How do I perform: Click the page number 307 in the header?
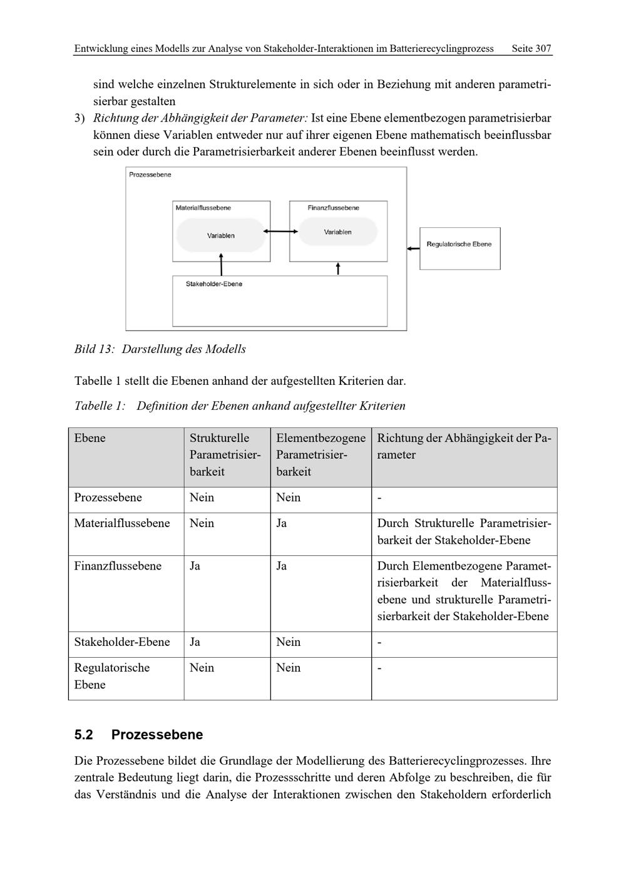coord(543,48)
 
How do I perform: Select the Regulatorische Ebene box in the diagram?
coord(459,248)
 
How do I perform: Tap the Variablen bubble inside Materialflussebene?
coord(221,235)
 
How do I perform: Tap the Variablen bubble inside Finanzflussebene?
coord(338,232)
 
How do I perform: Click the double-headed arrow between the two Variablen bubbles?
coord(280,232)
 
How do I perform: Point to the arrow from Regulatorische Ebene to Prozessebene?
coord(413,248)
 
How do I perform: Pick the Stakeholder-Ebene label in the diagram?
coord(214,284)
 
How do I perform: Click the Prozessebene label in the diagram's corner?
coord(150,175)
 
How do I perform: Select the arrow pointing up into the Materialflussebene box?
coord(221,264)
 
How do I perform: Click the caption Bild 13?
coord(94,349)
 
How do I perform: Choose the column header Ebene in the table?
coord(90,438)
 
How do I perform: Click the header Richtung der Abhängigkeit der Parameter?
coord(463,446)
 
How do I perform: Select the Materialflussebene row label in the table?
coord(122,523)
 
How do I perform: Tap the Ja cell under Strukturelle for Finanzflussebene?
coord(195,566)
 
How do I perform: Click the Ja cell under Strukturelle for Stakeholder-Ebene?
coord(195,642)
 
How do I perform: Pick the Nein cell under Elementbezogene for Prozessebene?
coord(289,498)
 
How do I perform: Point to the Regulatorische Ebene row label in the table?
coord(111,676)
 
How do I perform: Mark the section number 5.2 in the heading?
coord(83,735)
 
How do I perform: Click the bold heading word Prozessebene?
coord(157,735)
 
